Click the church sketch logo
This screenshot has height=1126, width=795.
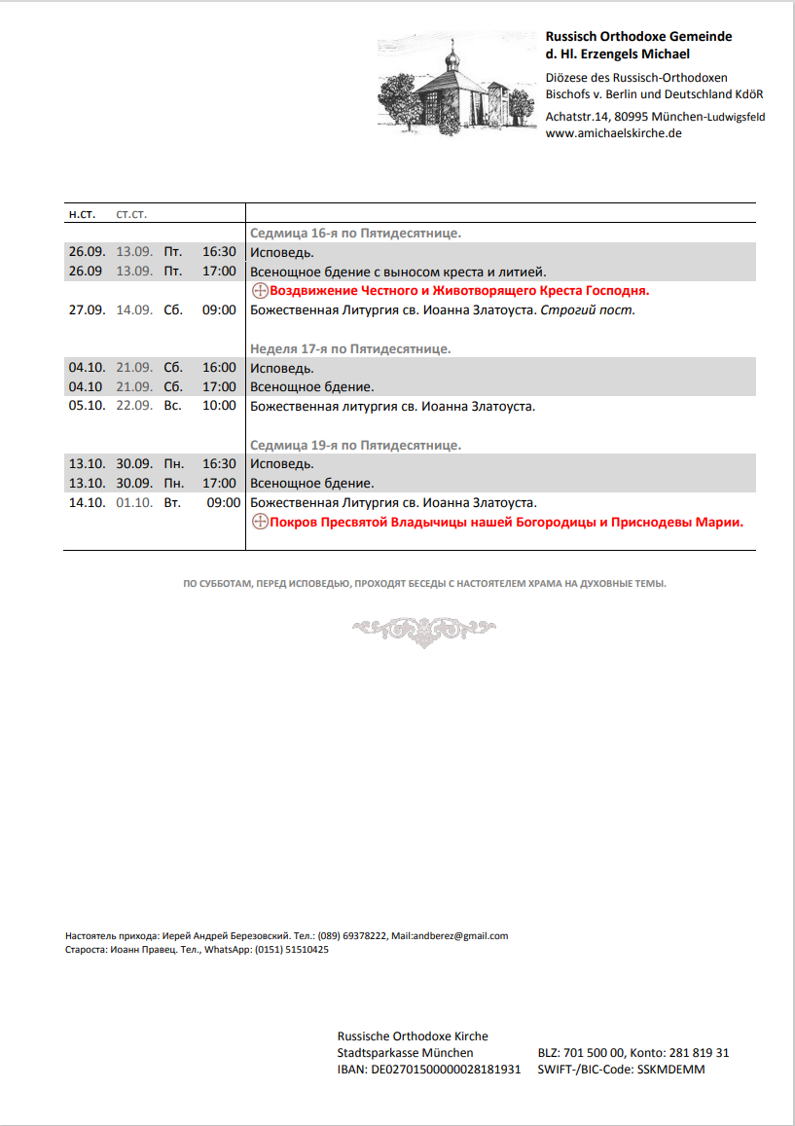[x=458, y=86]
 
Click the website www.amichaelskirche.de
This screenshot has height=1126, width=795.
[x=613, y=133]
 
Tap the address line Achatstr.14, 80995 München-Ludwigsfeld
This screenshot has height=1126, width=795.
[x=655, y=117]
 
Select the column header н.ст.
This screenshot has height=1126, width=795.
[x=81, y=213]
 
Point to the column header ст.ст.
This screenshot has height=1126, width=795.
[x=131, y=213]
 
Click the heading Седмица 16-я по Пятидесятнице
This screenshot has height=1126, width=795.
[x=355, y=234]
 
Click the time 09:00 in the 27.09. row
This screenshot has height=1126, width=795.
[x=219, y=310]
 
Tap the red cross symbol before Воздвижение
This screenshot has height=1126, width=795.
[x=260, y=291]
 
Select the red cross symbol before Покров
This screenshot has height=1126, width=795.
[x=260, y=523]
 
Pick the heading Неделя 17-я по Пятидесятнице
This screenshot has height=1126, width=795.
[x=349, y=348]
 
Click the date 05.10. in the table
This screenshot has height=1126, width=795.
[x=86, y=406]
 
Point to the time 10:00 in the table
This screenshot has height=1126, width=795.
[x=219, y=406]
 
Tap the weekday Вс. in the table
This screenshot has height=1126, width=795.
[x=172, y=406]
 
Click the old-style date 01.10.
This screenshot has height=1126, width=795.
[x=134, y=503]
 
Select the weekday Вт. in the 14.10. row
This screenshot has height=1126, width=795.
[x=172, y=503]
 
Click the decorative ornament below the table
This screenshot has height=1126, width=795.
[x=423, y=631]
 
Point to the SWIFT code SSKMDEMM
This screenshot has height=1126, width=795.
[x=670, y=1070]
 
